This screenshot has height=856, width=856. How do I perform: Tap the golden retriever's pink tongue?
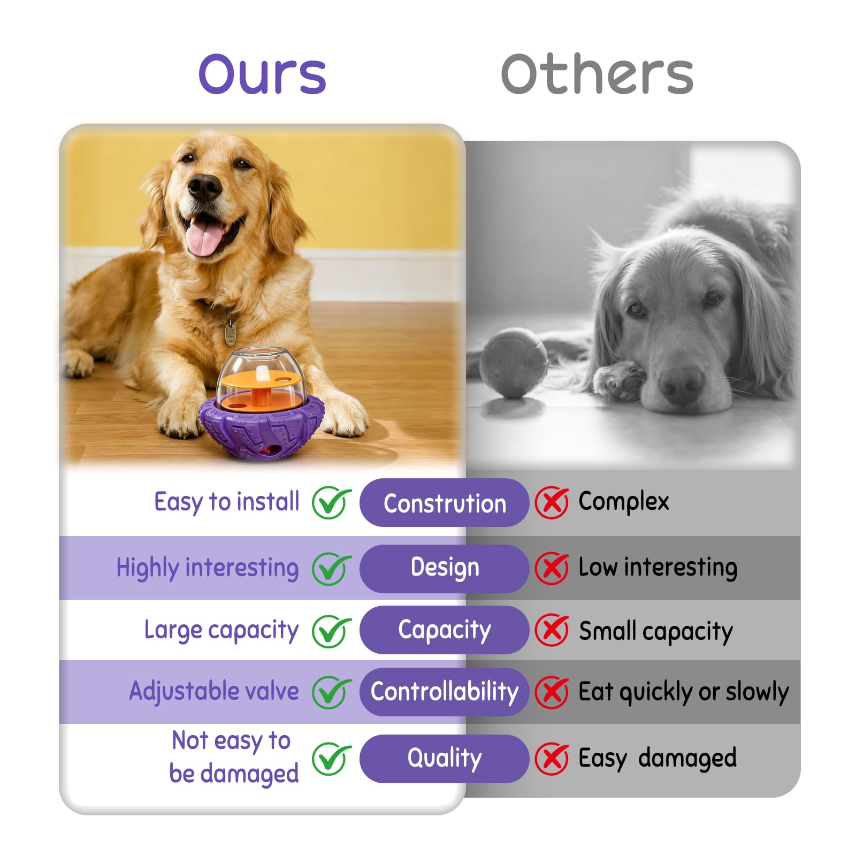pyautogui.click(x=204, y=239)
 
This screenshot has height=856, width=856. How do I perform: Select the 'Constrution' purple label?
pyautogui.click(x=444, y=503)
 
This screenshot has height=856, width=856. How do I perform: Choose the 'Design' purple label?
pyautogui.click(x=444, y=568)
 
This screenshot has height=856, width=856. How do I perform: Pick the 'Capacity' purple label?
pyautogui.click(x=444, y=630)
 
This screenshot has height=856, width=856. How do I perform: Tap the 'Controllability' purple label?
pyautogui.click(x=444, y=691)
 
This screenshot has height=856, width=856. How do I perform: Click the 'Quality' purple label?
pyautogui.click(x=444, y=758)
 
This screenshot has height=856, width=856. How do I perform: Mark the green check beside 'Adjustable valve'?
pyautogui.click(x=331, y=692)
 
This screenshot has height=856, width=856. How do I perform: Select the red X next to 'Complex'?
pyautogui.click(x=552, y=502)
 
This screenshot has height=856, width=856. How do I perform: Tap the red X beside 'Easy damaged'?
pyautogui.click(x=552, y=759)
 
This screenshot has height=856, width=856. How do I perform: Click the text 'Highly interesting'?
pyautogui.click(x=208, y=568)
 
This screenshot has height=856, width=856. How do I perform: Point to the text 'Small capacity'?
pyautogui.click(x=655, y=631)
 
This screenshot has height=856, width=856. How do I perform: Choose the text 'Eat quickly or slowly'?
pyautogui.click(x=683, y=692)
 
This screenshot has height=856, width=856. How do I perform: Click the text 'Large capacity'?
pyautogui.click(x=221, y=630)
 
